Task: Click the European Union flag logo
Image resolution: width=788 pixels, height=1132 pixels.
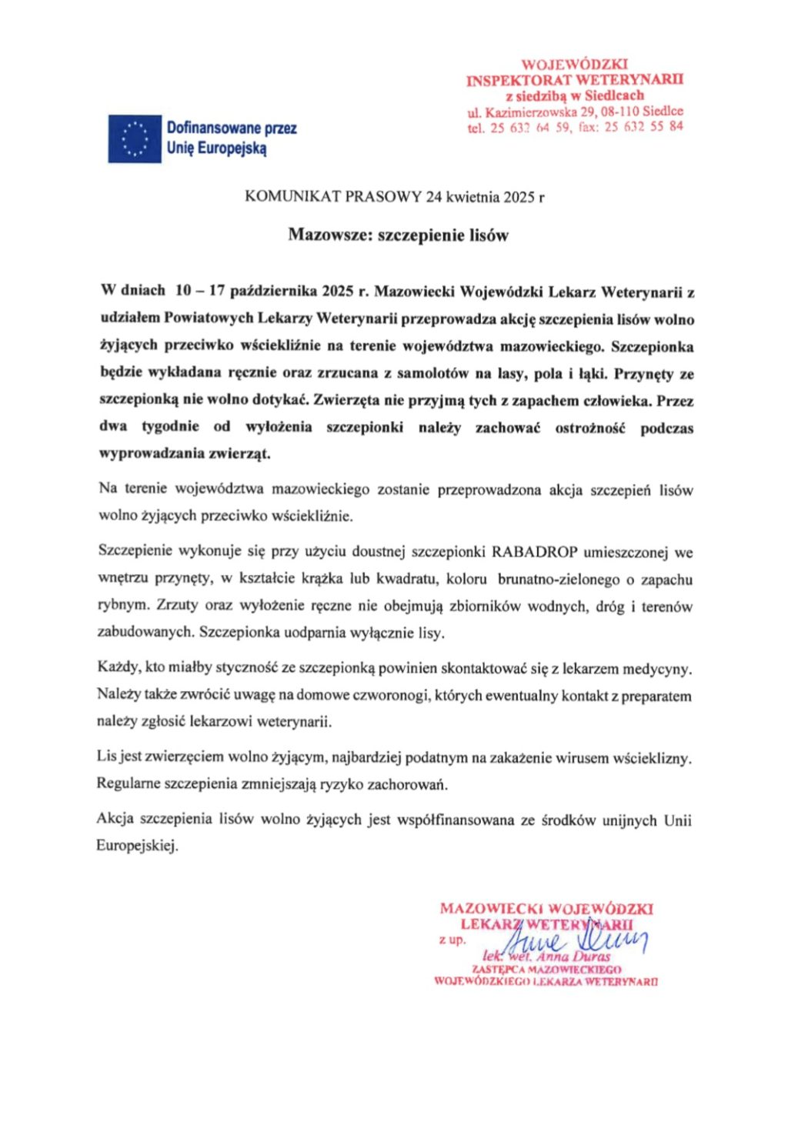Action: (x=135, y=139)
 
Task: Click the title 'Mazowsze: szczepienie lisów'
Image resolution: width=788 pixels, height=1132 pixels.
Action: (x=398, y=235)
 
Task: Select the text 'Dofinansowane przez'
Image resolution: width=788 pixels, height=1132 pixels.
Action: (x=232, y=129)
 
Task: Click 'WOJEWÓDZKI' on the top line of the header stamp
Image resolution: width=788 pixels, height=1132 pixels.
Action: (x=575, y=64)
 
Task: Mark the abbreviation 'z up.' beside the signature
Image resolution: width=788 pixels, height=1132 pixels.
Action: (x=452, y=940)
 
